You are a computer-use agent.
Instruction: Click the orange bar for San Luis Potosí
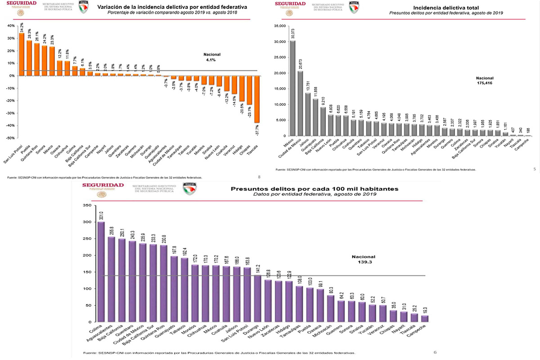(22, 54)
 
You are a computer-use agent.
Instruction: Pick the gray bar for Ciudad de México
(300, 103)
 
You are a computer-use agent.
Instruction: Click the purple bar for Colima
(101, 272)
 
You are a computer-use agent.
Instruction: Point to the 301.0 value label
(101, 216)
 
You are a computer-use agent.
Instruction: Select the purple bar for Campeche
(425, 319)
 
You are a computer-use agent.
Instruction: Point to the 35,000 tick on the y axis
(279, 26)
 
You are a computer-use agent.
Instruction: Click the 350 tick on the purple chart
(87, 206)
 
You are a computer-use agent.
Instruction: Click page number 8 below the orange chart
(259, 177)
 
